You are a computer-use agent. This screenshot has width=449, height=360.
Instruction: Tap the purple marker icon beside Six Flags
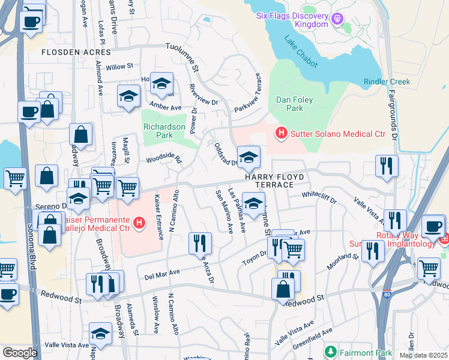[338, 19]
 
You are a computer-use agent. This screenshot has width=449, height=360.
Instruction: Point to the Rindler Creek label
[387, 82]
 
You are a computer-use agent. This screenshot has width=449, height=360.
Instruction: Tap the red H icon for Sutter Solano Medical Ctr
[280, 132]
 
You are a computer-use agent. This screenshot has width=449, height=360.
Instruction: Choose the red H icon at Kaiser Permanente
[139, 224]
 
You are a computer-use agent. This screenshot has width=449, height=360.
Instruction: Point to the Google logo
[20, 353]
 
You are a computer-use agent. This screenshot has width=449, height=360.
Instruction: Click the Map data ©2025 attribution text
[423, 355]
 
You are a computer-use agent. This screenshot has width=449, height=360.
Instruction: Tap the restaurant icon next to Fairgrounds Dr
[387, 164]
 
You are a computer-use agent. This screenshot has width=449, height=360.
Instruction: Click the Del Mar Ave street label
[162, 274]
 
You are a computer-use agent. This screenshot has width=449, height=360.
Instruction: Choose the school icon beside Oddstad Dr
[249, 157]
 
